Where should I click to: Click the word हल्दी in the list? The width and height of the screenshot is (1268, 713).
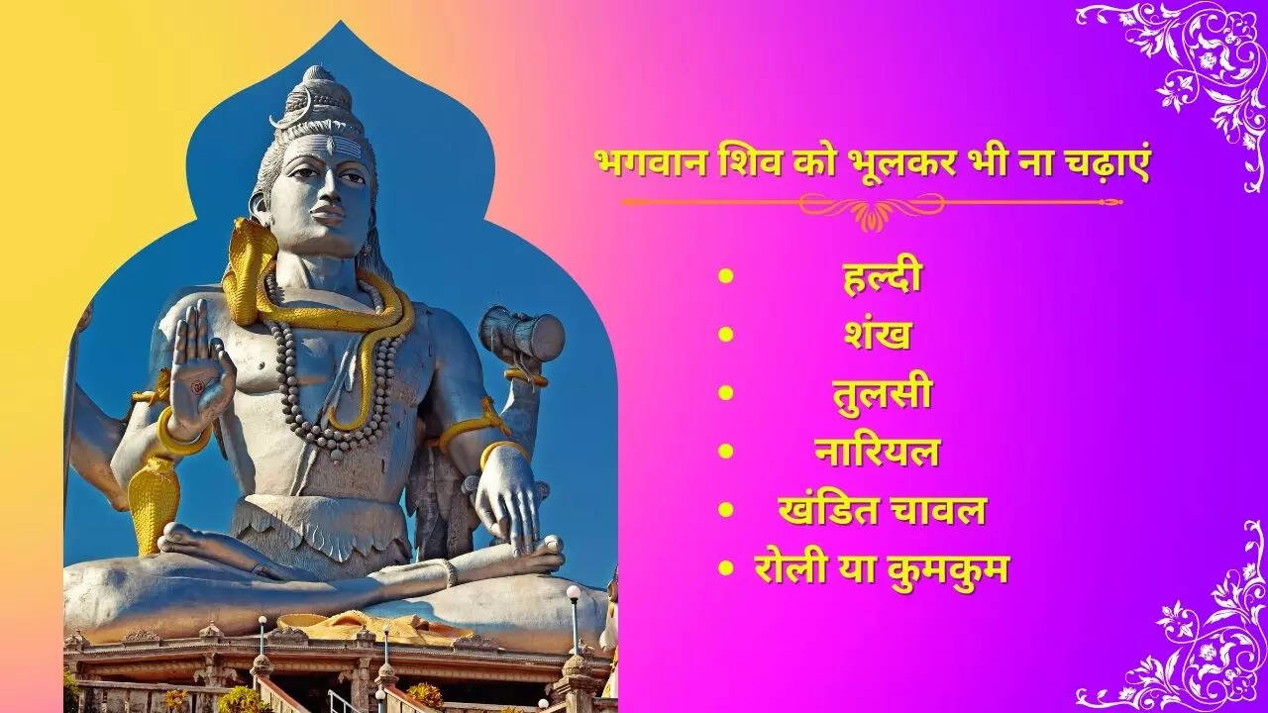click(882, 276)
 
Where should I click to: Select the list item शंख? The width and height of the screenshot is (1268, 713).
click(878, 335)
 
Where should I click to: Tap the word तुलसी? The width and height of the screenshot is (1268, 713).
click(882, 394)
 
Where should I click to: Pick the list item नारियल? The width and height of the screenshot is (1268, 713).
click(878, 451)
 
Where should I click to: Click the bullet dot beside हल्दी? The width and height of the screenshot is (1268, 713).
click(726, 276)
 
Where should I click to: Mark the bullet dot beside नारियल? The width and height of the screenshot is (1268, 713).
click(726, 451)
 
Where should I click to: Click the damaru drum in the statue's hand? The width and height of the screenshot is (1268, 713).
click(521, 334)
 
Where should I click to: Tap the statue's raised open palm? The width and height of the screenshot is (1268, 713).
click(199, 373)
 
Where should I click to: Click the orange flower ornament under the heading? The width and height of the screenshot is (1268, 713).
click(872, 216)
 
